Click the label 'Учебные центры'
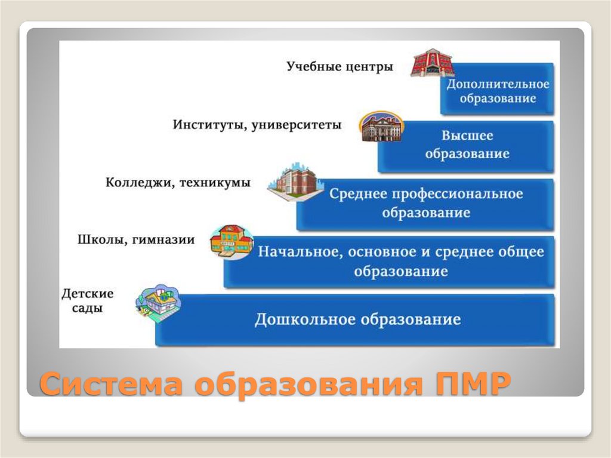pyautogui.click(x=340, y=66)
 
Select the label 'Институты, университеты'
pyautogui.click(x=257, y=125)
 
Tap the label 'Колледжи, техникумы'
pyautogui.click(x=178, y=183)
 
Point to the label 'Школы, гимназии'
pyautogui.click(x=136, y=240)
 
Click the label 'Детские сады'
pyautogui.click(x=87, y=301)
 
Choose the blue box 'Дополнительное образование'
pyautogui.click(x=498, y=90)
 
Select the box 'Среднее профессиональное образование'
pyautogui.click(x=425, y=204)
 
